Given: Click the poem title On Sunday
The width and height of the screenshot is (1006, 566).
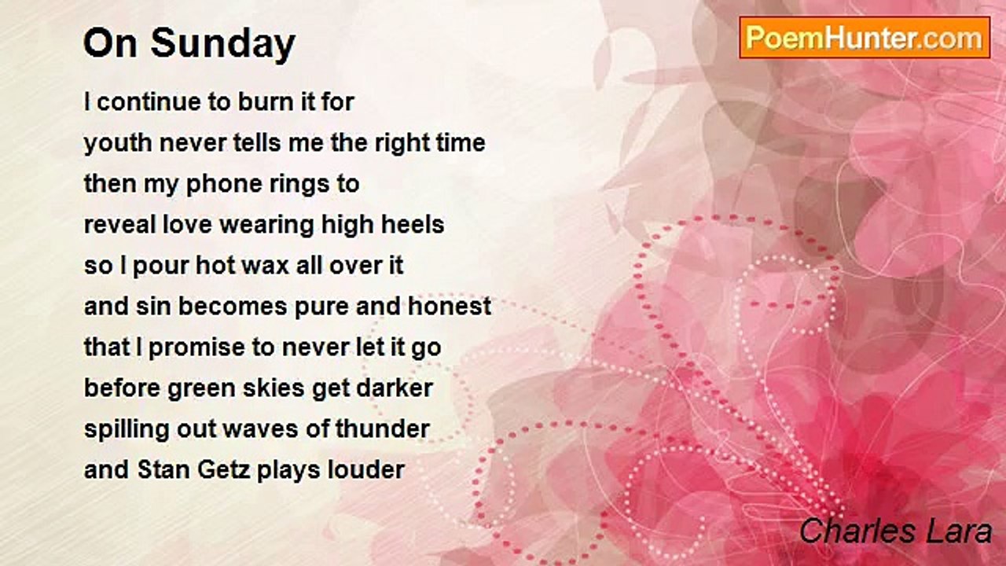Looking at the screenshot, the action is (x=189, y=44).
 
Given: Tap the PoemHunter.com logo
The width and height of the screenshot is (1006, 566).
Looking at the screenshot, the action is (x=865, y=38).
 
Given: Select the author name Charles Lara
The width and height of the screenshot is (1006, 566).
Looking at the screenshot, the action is (x=895, y=531).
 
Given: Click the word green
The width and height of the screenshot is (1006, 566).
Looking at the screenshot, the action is (x=201, y=388).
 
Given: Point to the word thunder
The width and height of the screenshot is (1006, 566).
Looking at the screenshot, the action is (x=383, y=428).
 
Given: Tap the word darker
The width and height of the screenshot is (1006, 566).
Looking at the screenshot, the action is (x=395, y=388).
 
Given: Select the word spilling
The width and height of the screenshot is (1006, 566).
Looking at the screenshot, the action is (x=127, y=430).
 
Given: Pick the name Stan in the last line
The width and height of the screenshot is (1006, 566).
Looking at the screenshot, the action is (x=163, y=470).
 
